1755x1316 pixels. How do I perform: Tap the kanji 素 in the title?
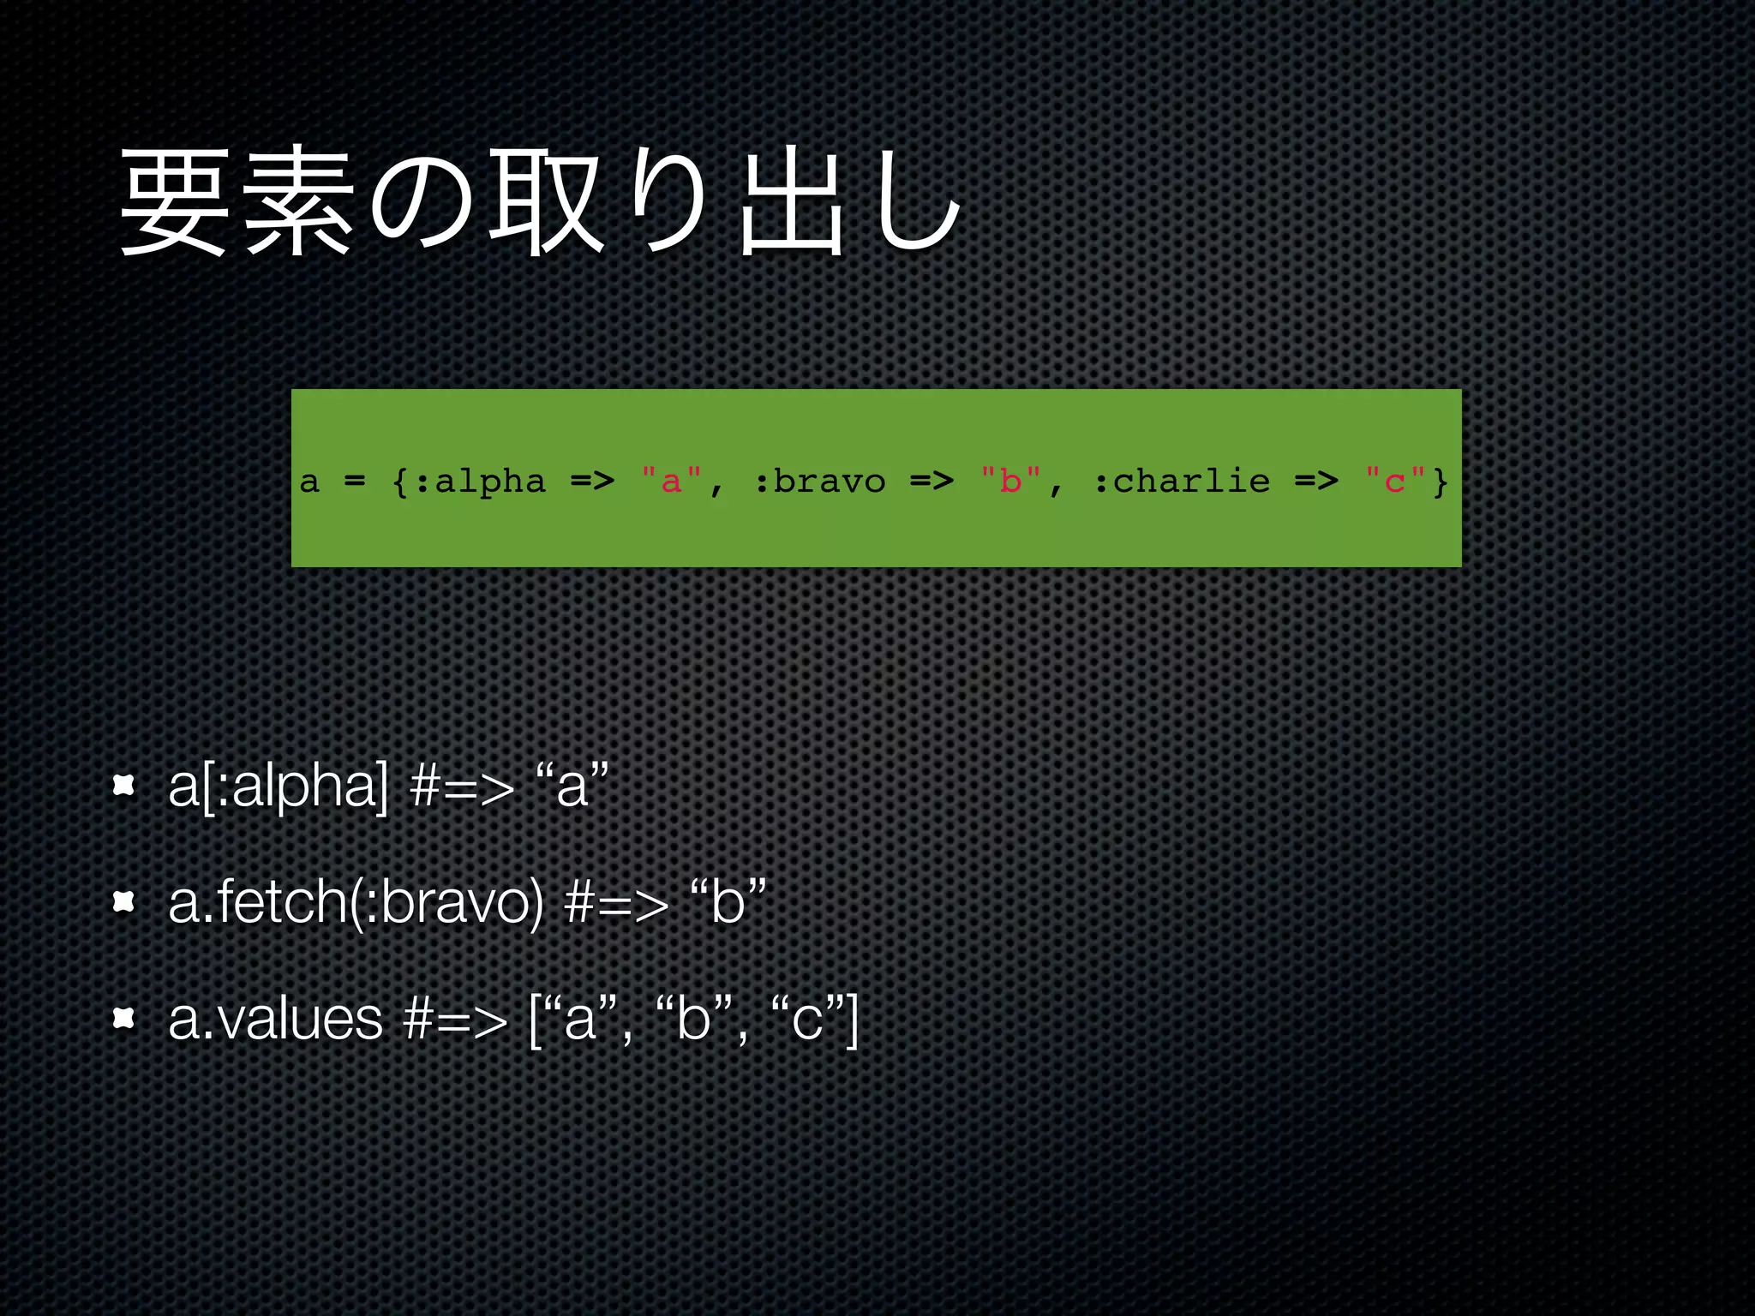(x=299, y=202)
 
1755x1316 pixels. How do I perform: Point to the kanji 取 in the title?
(x=547, y=202)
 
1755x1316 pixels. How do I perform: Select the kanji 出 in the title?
(x=793, y=202)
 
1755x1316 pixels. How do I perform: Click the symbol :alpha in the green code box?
(x=481, y=482)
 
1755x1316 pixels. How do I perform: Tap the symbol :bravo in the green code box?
(x=820, y=482)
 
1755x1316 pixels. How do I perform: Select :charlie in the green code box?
(x=1182, y=482)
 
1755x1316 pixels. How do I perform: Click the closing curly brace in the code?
(x=1441, y=482)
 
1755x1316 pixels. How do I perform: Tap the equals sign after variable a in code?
(x=355, y=482)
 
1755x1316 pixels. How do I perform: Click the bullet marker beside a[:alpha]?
(x=124, y=785)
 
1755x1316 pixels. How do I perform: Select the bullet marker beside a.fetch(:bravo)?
(x=124, y=901)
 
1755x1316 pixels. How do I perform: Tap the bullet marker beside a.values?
(x=124, y=1018)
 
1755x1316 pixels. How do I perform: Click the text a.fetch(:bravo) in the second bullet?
(x=356, y=902)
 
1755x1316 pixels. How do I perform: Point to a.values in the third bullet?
(x=275, y=1019)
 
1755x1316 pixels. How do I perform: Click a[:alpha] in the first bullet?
(x=279, y=786)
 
